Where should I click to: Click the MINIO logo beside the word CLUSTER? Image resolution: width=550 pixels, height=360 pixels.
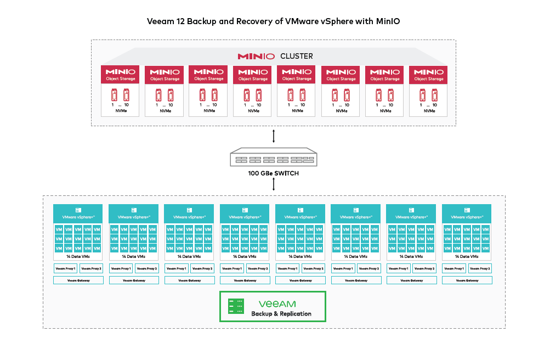point(256,56)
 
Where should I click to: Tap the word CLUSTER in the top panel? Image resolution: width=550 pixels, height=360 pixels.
point(297,56)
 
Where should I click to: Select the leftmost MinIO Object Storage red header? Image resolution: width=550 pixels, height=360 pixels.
point(120,75)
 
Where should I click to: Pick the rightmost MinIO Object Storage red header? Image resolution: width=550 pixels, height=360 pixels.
point(428,75)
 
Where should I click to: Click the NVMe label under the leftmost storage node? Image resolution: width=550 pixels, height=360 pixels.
point(120,111)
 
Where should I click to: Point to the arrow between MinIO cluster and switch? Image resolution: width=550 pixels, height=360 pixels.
point(273,136)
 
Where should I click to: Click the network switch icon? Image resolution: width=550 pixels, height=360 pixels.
point(273,159)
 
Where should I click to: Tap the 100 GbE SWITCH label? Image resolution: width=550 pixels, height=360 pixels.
point(273,174)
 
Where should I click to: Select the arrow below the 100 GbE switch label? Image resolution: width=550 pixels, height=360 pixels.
point(273,185)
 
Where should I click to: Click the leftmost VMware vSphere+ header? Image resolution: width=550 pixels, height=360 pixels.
point(78,213)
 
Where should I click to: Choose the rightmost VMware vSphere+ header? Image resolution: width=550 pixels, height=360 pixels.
point(467,213)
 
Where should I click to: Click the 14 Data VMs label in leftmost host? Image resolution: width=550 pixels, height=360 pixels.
point(78,256)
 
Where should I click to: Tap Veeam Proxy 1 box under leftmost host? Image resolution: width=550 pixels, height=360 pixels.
point(65,268)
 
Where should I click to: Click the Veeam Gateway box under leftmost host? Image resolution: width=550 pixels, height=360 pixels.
point(78,280)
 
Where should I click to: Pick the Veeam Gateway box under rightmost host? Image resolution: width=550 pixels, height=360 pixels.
point(467,280)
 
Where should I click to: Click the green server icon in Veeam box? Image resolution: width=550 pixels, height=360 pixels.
point(236,306)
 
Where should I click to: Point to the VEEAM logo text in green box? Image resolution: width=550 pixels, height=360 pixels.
point(277,303)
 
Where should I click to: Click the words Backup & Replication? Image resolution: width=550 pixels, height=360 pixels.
point(281,314)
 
